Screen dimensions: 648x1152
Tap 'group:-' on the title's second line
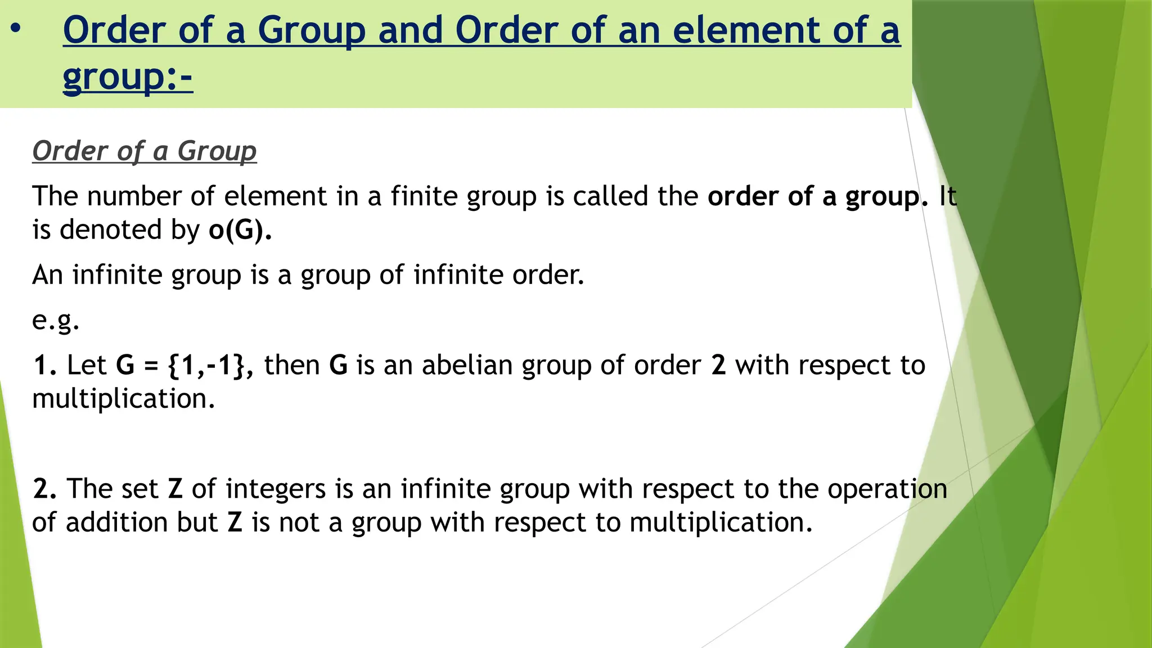(128, 77)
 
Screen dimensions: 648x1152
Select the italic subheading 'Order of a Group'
(145, 151)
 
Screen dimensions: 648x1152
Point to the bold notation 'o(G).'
(240, 230)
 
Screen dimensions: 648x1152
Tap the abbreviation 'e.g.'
(56, 320)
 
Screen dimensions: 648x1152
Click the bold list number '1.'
(45, 365)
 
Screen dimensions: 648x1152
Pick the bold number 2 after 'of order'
(718, 365)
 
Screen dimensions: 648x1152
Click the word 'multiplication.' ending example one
(124, 399)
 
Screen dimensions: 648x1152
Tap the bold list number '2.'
(45, 489)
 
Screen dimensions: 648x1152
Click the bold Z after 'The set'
(175, 489)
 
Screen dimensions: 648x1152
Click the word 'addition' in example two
(116, 523)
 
